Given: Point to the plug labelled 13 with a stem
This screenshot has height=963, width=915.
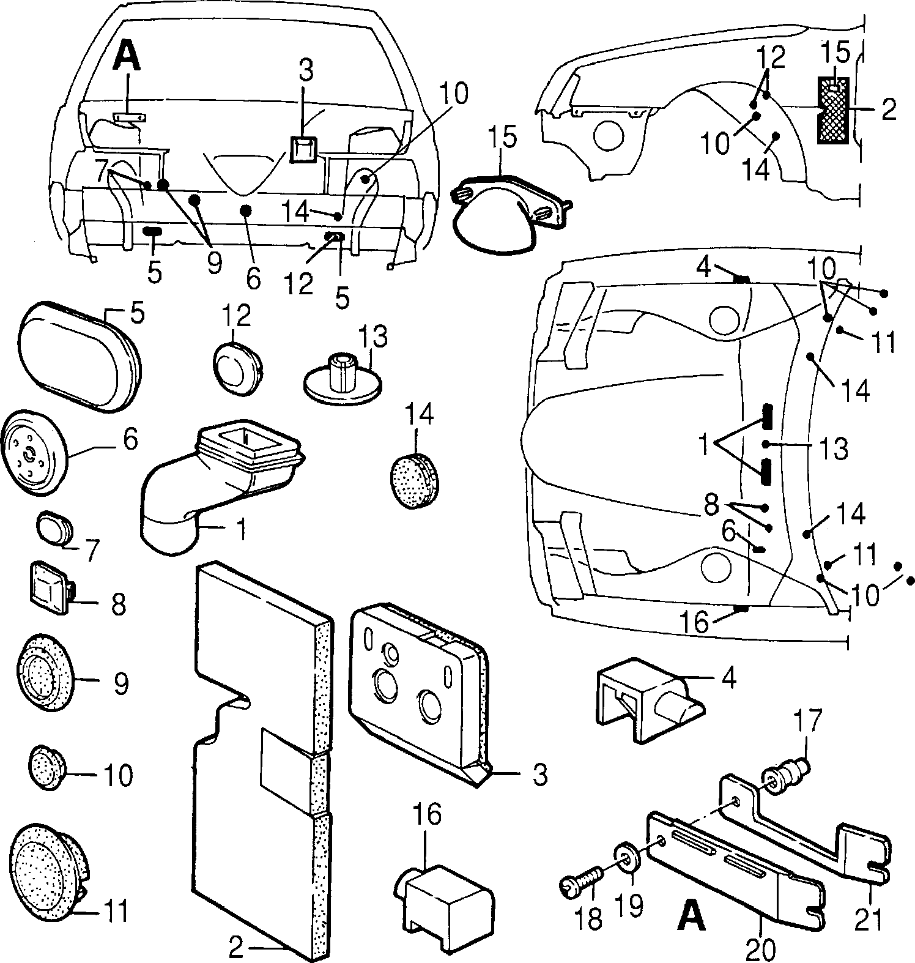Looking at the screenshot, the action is click(343, 379).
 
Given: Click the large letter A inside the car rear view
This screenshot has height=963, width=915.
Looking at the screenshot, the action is click(128, 58).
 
